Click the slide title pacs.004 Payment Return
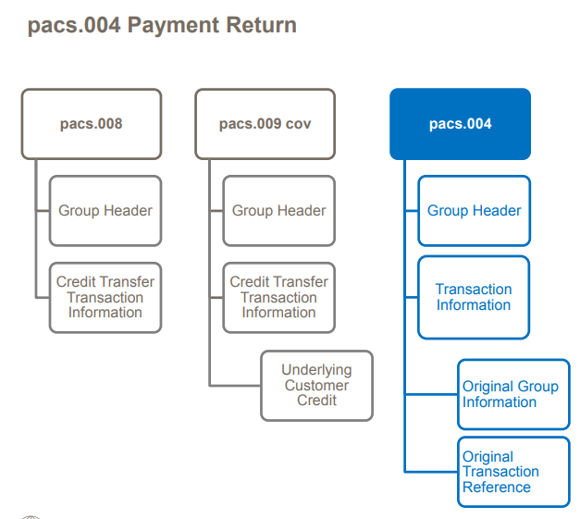tap(162, 25)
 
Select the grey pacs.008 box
tap(92, 124)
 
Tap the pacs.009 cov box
tap(265, 124)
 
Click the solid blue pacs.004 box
tap(460, 124)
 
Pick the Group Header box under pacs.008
tap(105, 211)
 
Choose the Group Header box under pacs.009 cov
tap(278, 211)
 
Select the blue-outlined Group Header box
tap(474, 211)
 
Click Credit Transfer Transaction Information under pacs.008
tap(105, 297)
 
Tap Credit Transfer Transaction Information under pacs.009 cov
tap(278, 297)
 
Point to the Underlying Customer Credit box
tap(316, 386)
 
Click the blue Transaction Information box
tap(474, 297)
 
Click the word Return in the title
tap(265, 25)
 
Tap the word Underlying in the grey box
tap(316, 370)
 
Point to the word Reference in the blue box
tap(497, 488)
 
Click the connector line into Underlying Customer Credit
tap(235, 385)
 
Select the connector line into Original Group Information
tap(431, 394)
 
